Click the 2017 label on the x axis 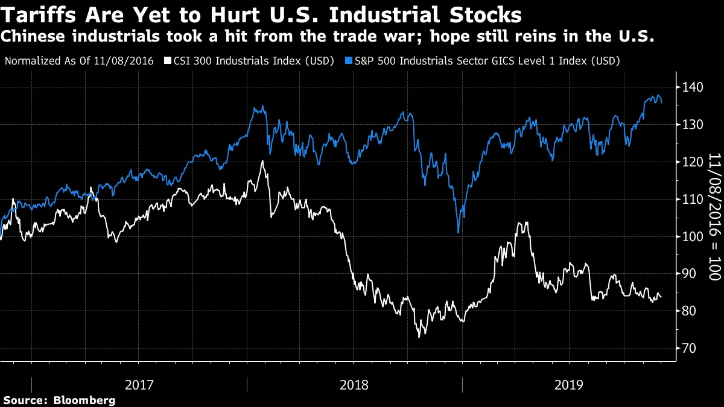[139, 384]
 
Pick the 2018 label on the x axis [354, 384]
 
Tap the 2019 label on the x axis [570, 384]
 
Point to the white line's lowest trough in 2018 [419, 336]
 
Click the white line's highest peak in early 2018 [262, 161]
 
